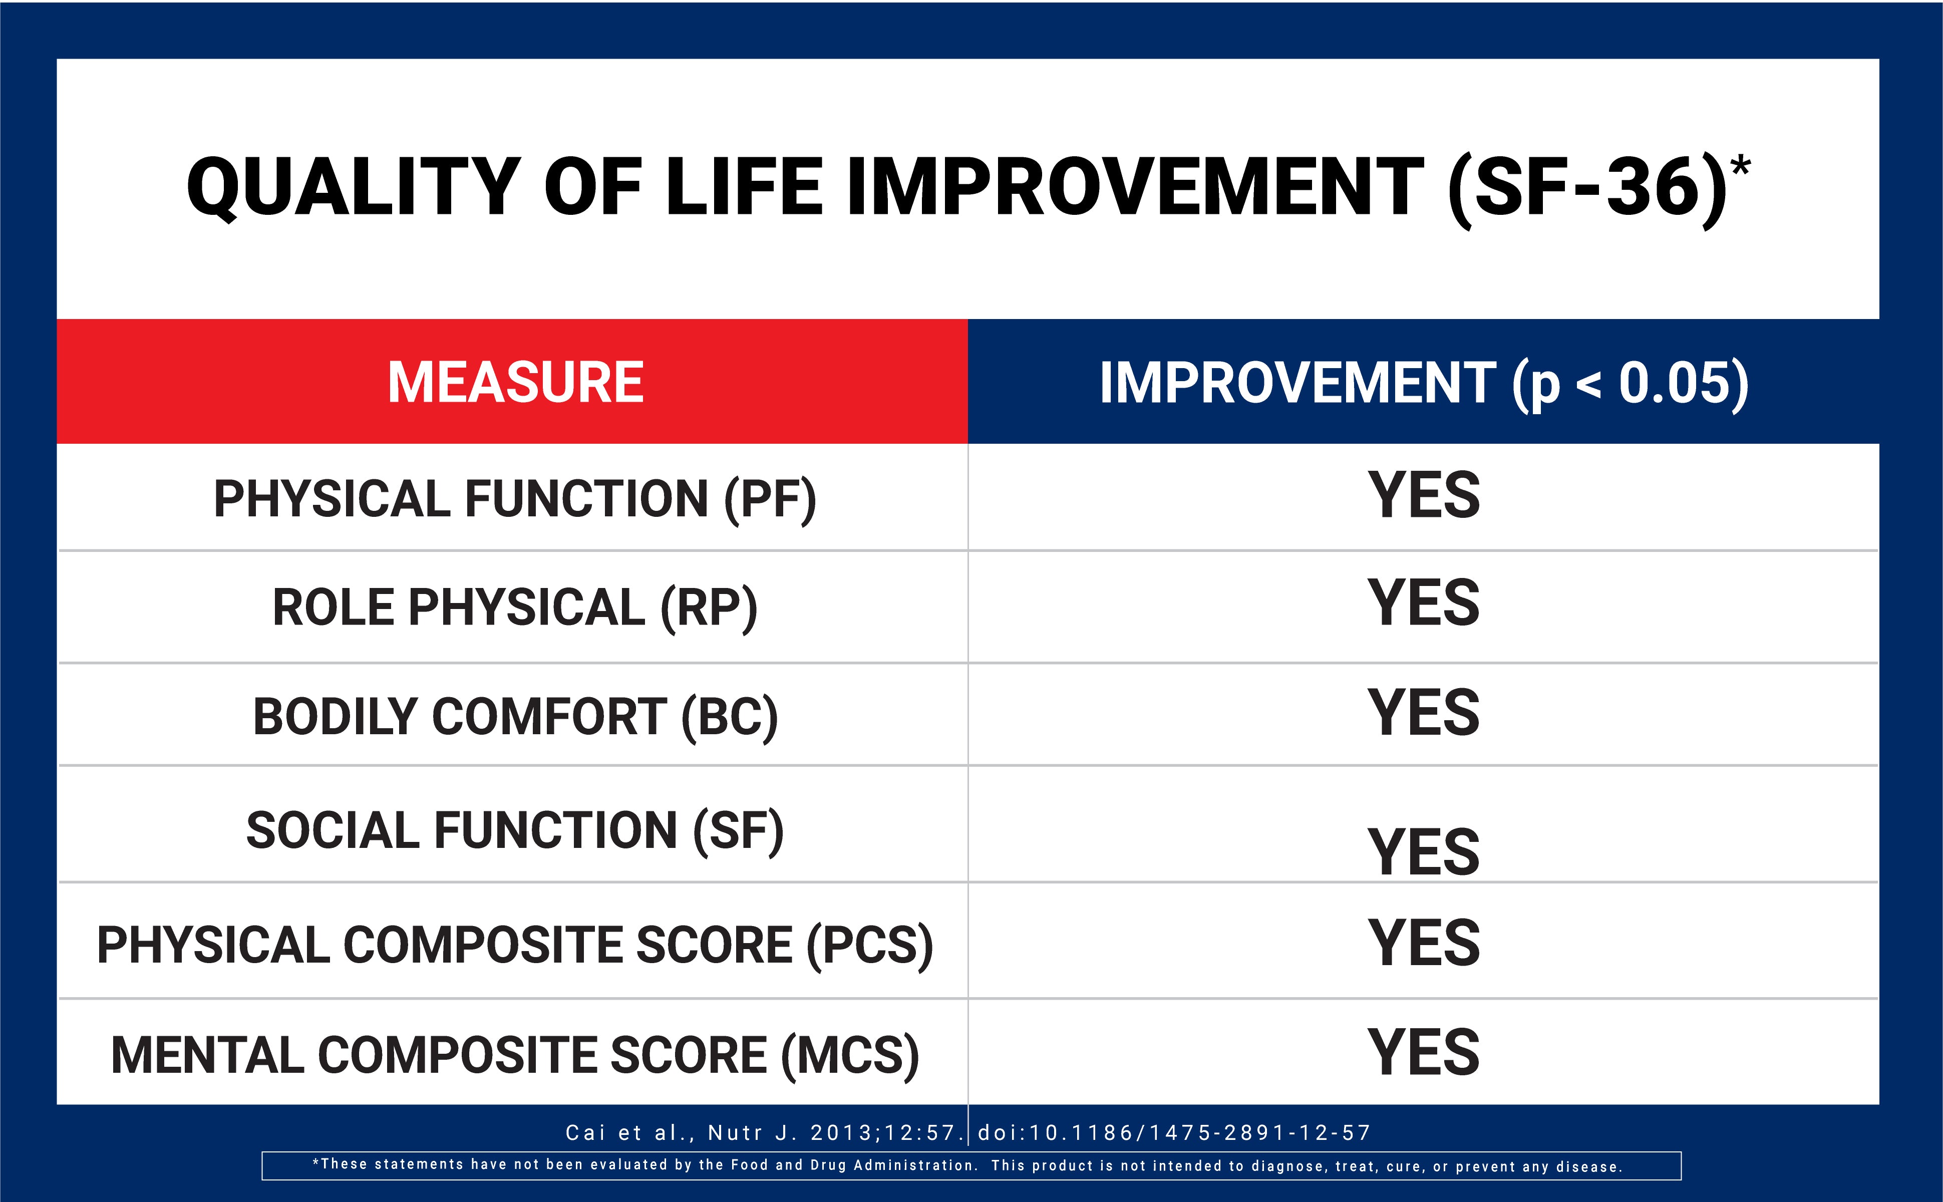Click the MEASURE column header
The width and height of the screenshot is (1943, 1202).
515,382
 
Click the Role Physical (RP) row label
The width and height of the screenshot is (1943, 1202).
515,608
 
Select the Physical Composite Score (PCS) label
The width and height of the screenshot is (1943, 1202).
515,945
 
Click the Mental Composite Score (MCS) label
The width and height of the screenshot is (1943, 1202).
515,1055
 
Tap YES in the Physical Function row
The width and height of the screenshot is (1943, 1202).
1423,495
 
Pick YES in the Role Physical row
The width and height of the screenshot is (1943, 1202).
1423,603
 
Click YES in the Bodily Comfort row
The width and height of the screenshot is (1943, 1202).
1423,712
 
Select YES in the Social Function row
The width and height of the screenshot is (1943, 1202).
1423,851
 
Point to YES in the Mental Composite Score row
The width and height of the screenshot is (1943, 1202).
1423,1052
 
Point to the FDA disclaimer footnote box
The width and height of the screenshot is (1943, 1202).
971,1165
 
